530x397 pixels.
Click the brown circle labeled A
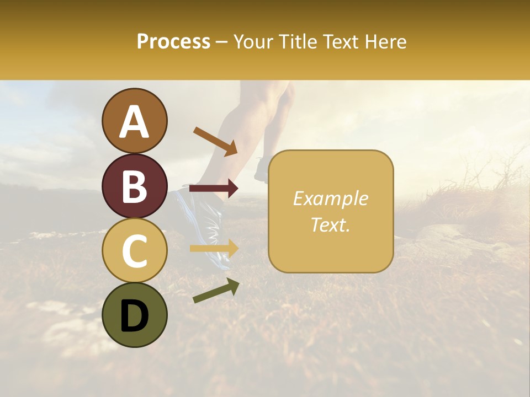click(135, 121)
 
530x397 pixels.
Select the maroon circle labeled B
click(135, 186)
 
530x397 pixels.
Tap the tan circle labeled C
click(135, 250)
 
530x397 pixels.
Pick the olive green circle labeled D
click(135, 315)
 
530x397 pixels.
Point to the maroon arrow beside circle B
click(214, 189)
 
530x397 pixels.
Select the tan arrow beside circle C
click(214, 248)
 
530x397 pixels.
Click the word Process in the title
click(173, 41)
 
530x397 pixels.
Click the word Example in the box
click(330, 198)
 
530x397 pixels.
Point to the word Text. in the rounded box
click(330, 224)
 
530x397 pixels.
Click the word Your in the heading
click(252, 41)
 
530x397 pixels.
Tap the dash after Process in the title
click(222, 42)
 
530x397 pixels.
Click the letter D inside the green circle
click(135, 316)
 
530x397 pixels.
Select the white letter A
click(135, 122)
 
